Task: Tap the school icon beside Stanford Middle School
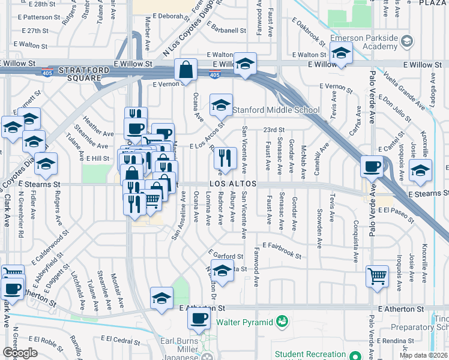(221, 105)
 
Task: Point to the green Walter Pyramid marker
(281, 323)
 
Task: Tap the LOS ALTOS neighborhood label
(234, 183)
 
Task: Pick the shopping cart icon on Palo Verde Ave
(377, 277)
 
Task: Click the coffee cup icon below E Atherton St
(199, 318)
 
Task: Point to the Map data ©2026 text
(424, 355)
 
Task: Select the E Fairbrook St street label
(277, 251)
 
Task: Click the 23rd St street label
(273, 130)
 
